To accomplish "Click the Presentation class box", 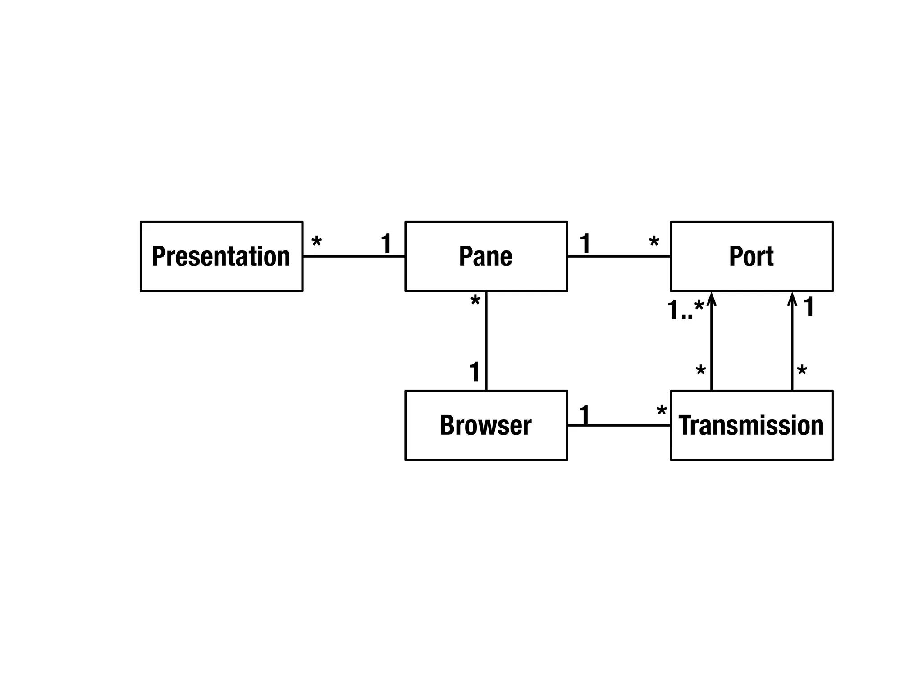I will tap(221, 256).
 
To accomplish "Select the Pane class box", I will tap(486, 256).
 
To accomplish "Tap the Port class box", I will tap(751, 256).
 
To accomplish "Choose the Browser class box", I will tap(486, 425).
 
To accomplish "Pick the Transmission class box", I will tap(751, 425).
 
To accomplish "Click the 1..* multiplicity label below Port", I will tap(685, 310).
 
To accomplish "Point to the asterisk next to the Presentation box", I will tap(317, 242).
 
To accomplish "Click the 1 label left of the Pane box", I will tap(386, 244).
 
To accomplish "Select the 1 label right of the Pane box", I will tap(585, 244).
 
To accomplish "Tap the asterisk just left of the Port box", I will tap(654, 242).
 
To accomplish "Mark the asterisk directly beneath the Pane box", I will tap(475, 301).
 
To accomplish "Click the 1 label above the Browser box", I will tap(475, 372).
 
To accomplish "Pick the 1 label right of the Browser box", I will tap(584, 414).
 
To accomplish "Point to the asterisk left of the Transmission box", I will tap(662, 411).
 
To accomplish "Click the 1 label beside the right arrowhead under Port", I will tap(809, 307).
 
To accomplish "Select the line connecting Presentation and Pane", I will tap(354, 256).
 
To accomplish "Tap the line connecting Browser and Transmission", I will tap(619, 425).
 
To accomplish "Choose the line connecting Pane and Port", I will tap(619, 256).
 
